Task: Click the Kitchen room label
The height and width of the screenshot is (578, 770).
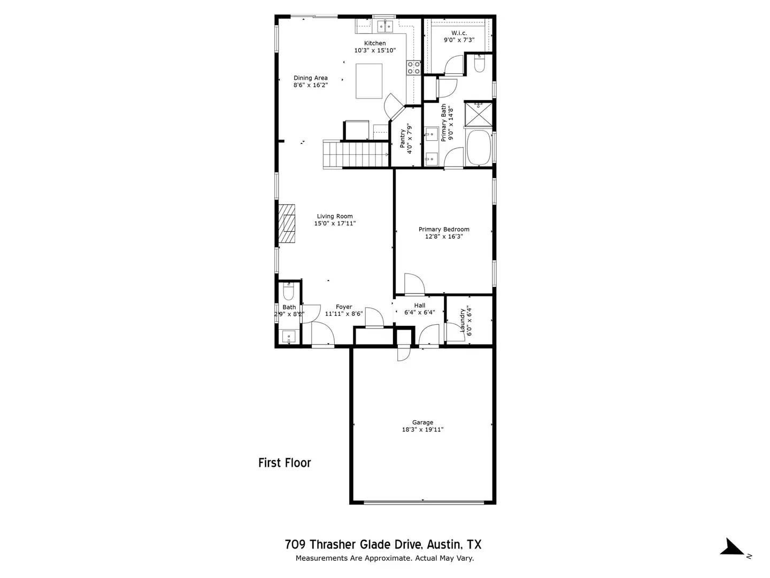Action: (375, 43)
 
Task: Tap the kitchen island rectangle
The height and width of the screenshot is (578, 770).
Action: (369, 81)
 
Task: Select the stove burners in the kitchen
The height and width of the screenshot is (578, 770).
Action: (413, 67)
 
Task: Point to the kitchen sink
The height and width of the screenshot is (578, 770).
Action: (384, 25)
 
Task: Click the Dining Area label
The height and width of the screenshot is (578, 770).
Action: (310, 78)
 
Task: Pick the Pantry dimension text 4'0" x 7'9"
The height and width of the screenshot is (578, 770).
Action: (410, 139)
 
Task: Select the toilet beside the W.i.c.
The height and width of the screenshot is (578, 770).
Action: (479, 64)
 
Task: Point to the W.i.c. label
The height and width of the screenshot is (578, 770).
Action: (459, 33)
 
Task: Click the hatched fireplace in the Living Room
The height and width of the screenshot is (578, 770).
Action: (287, 224)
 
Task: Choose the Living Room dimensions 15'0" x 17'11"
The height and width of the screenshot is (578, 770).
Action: (335, 224)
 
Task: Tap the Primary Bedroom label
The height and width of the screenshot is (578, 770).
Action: (444, 229)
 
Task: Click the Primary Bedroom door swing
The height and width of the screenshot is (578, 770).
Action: (413, 284)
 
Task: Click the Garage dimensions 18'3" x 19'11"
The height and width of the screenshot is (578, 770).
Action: (422, 429)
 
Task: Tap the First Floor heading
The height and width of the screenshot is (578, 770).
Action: (284, 463)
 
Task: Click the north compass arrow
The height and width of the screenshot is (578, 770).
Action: (732, 547)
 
